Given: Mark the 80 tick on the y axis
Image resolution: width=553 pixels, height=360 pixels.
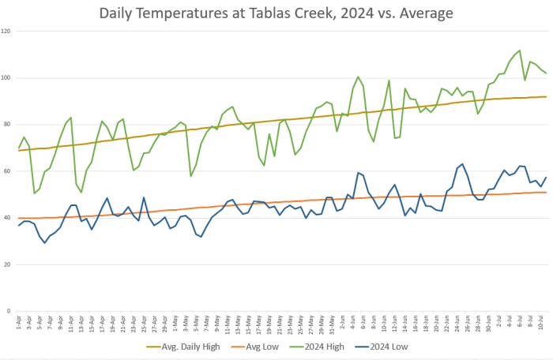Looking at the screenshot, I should pyautogui.click(x=7, y=125).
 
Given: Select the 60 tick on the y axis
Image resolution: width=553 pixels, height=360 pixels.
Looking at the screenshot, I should pyautogui.click(x=7, y=171).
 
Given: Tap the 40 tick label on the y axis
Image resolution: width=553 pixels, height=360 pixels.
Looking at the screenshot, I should pyautogui.click(x=7, y=218).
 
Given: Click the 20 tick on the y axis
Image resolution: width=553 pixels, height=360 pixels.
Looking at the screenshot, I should pyautogui.click(x=7, y=264).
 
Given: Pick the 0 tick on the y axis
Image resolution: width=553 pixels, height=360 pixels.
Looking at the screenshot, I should pyautogui.click(x=9, y=311).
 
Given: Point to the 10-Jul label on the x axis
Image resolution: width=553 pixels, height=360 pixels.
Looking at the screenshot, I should pyautogui.click(x=540, y=323).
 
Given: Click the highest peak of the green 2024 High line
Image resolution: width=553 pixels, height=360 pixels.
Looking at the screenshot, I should pyautogui.click(x=519, y=51).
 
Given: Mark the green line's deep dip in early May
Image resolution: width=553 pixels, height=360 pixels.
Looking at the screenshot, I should pyautogui.click(x=190, y=175).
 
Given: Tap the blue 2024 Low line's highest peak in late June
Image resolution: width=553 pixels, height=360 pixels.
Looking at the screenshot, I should pyautogui.click(x=462, y=164).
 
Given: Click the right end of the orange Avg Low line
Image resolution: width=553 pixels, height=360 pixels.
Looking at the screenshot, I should pyautogui.click(x=546, y=193).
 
